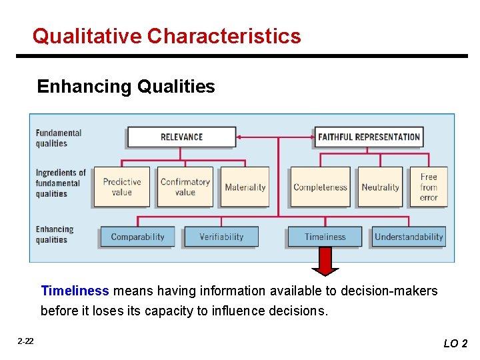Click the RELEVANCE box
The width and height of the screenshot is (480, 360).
[x=181, y=137]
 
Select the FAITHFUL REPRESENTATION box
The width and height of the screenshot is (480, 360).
[x=369, y=137]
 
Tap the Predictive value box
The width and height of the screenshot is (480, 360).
[x=122, y=187]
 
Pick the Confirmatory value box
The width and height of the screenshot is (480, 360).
[x=185, y=187]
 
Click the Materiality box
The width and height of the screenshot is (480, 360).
[x=245, y=187]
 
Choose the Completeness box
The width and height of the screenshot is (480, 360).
[x=320, y=187]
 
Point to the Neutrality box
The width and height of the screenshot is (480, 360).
[x=380, y=187]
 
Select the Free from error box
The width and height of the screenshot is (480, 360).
[x=429, y=187]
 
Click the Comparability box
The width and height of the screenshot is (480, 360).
[x=137, y=237]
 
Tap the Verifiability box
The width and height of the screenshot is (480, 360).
[x=221, y=237]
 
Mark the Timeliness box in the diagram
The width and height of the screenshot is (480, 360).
[x=325, y=237]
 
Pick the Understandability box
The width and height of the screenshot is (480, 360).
[x=409, y=237]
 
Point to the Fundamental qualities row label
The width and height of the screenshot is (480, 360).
[x=59, y=138]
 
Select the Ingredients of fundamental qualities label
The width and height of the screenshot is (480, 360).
[x=61, y=183]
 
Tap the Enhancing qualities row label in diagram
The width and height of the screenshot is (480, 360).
[x=55, y=234]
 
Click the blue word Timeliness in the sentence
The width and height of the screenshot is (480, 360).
[x=75, y=291]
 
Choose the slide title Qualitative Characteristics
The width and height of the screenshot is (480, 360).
[x=167, y=35]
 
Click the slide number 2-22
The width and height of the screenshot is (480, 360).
[x=25, y=341]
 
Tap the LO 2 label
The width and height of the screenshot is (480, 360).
[x=455, y=343]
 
